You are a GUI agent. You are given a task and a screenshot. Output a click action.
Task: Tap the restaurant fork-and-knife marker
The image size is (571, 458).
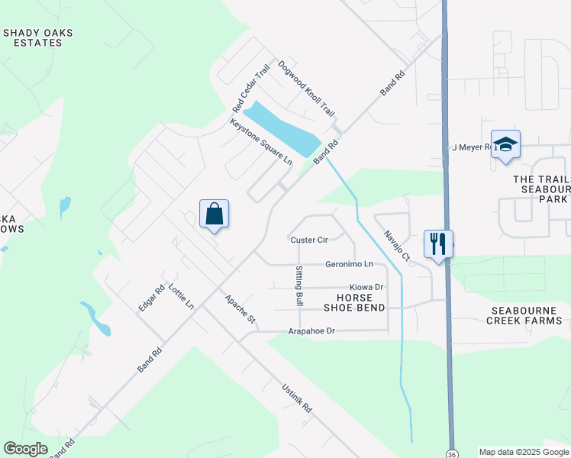[438, 244]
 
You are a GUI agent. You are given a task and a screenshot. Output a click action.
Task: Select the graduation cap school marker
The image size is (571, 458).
[505, 144]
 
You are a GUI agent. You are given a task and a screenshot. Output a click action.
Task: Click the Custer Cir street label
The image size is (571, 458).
[309, 240]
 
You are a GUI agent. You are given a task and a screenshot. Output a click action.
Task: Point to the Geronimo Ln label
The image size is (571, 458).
[350, 264]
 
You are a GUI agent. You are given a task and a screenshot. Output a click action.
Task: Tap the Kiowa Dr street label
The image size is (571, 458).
[367, 287]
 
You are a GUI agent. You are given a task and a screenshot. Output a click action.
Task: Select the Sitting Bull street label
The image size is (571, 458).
[298, 286]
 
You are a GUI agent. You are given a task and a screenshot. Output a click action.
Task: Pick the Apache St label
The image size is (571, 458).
[240, 308]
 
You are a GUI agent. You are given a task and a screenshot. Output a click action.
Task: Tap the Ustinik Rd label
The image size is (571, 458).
[297, 398]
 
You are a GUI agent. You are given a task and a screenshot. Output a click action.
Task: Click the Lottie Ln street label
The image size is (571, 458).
[182, 295]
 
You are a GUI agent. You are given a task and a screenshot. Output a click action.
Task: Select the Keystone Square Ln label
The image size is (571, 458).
[261, 141]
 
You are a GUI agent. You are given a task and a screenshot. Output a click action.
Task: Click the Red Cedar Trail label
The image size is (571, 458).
[252, 86]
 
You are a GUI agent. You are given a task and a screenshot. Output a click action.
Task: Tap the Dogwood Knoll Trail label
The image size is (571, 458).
[306, 89]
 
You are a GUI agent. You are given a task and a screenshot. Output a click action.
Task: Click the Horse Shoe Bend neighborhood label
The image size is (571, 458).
[353, 302]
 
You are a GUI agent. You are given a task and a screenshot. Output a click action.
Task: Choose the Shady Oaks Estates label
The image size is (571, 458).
[32, 37]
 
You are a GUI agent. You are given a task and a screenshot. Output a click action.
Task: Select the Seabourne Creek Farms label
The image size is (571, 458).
[524, 315]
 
